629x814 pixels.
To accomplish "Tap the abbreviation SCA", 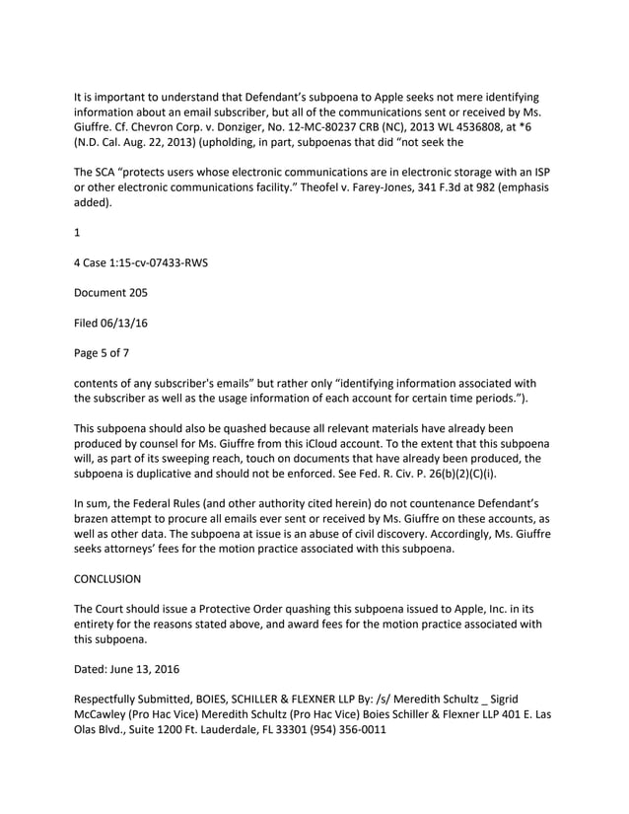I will coord(111,173).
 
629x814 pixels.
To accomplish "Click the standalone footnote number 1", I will coord(78,234).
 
